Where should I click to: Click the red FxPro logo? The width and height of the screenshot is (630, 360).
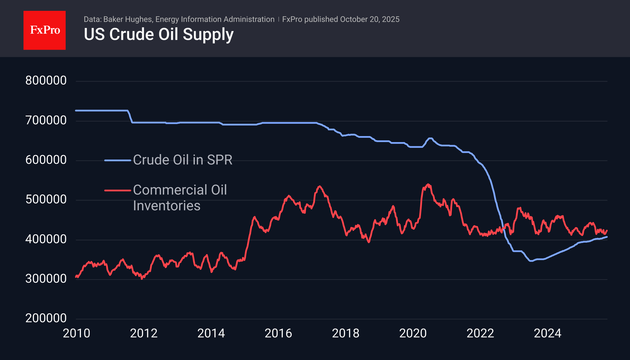click(x=45, y=30)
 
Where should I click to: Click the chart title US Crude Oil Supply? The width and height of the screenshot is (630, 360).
click(x=159, y=34)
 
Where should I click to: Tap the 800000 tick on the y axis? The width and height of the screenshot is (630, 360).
click(x=46, y=81)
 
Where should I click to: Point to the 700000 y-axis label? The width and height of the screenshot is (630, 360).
click(x=46, y=120)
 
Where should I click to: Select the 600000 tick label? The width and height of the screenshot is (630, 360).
click(x=46, y=160)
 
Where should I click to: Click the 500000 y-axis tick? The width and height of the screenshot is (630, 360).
click(x=46, y=200)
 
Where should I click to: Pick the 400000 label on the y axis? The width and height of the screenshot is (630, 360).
click(x=46, y=239)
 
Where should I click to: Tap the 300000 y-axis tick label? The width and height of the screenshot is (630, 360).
click(x=46, y=279)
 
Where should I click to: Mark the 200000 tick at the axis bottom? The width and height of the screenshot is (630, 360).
click(x=46, y=318)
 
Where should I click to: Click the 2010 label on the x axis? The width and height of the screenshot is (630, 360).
click(x=76, y=334)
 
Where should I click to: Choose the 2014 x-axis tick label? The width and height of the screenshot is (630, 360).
click(x=211, y=334)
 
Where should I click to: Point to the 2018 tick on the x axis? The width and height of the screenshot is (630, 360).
click(x=346, y=334)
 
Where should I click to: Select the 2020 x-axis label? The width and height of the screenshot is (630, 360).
click(x=413, y=334)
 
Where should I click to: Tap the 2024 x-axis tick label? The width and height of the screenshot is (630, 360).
click(x=547, y=334)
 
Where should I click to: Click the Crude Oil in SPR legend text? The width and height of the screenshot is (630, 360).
click(x=183, y=160)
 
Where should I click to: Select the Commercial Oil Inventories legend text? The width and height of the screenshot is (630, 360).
click(x=180, y=198)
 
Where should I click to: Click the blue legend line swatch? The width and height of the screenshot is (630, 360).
click(x=117, y=160)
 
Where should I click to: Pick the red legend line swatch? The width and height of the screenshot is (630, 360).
click(x=117, y=191)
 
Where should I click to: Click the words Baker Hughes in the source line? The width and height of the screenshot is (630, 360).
click(x=128, y=20)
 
